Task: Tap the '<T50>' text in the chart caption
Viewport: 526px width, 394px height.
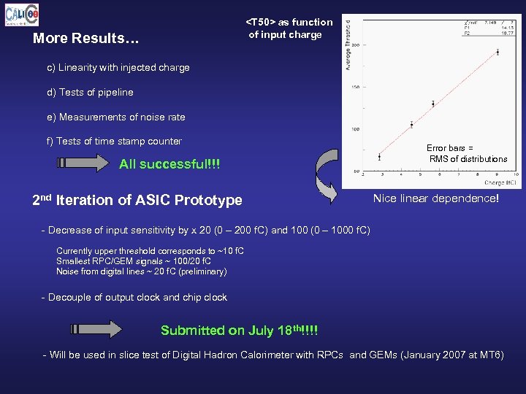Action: tap(260, 23)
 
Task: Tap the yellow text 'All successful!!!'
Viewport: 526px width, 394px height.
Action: tap(169, 165)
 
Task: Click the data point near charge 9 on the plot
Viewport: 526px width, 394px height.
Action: tap(498, 52)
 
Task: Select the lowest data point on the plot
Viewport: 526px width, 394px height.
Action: tap(379, 157)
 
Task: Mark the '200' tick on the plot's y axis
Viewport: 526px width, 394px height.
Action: tap(355, 45)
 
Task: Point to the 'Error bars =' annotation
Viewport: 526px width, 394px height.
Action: tap(450, 147)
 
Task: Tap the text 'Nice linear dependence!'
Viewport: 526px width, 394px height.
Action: tap(436, 198)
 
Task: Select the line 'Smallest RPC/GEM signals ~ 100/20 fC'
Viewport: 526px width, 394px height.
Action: tap(134, 261)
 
